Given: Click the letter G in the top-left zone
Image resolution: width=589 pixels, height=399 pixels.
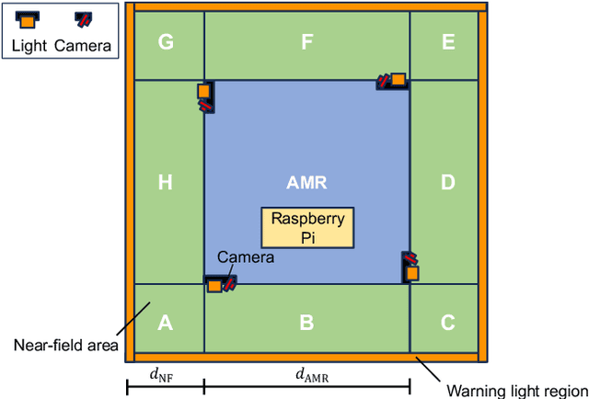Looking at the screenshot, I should pyautogui.click(x=165, y=42).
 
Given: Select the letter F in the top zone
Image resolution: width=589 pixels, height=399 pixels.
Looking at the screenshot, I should pyautogui.click(x=307, y=42).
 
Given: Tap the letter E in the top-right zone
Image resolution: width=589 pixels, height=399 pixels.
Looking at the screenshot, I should pyautogui.click(x=448, y=42).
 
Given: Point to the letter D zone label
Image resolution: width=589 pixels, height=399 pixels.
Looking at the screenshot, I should pyautogui.click(x=448, y=183).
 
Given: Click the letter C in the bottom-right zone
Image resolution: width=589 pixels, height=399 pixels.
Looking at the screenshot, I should pyautogui.click(x=448, y=323).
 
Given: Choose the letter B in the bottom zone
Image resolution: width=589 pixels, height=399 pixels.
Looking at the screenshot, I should pyautogui.click(x=307, y=323).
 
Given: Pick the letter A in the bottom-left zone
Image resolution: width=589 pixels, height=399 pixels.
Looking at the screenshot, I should pyautogui.click(x=165, y=323).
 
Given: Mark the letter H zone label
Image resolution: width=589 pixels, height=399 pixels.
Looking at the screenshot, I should pyautogui.click(x=165, y=183).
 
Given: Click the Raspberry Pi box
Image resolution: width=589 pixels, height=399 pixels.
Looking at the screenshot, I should pyautogui.click(x=307, y=227).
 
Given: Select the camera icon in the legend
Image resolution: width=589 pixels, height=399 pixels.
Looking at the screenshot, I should pyautogui.click(x=84, y=19).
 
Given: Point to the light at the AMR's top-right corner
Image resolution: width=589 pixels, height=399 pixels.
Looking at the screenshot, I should pyautogui.click(x=398, y=80).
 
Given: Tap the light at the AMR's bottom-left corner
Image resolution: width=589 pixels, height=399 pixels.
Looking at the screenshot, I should pyautogui.click(x=214, y=285).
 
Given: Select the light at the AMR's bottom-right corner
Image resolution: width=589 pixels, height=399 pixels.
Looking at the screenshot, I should pyautogui.click(x=412, y=273).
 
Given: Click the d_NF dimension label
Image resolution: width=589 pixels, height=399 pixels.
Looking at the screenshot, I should pyautogui.click(x=165, y=374).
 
